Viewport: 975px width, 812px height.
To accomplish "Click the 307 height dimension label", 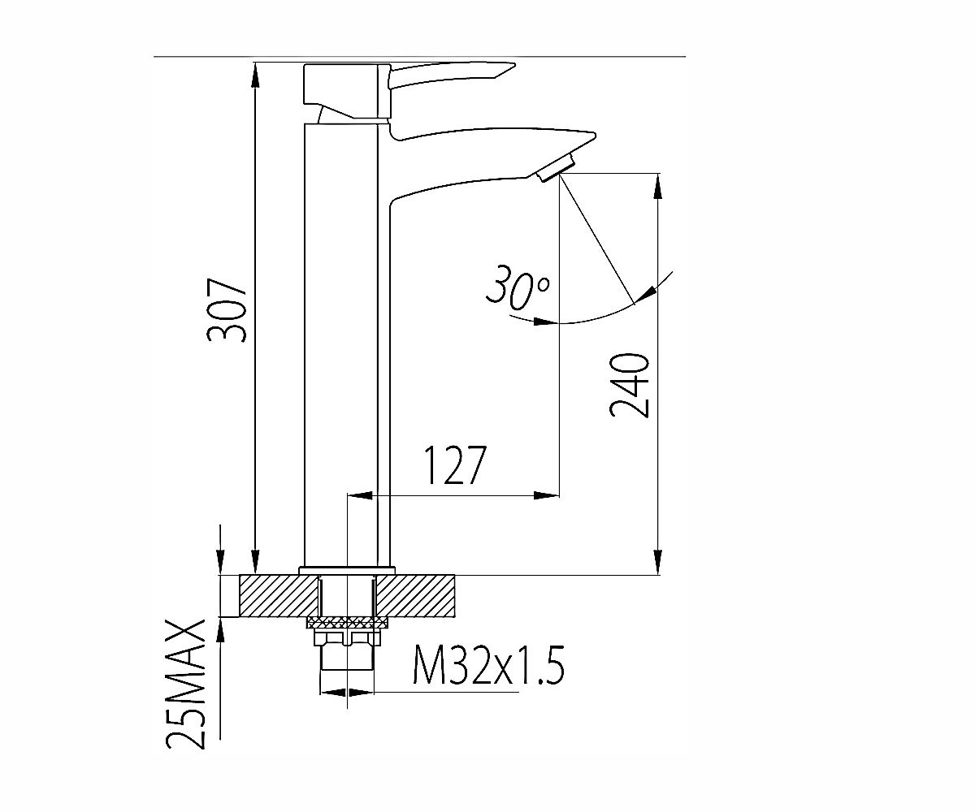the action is click(227, 311).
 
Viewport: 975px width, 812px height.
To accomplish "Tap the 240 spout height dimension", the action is click(630, 385).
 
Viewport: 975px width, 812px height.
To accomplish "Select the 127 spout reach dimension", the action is click(456, 465).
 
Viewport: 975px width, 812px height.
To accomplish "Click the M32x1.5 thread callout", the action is click(489, 665).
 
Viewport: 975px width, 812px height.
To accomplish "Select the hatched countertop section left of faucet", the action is click(279, 595).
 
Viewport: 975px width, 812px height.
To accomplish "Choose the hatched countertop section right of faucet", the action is click(415, 595).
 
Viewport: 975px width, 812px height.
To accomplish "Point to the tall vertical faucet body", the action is click(341, 345).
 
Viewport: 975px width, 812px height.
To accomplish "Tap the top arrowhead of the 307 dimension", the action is click(255, 75).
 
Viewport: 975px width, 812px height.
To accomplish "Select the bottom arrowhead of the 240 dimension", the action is click(657, 563).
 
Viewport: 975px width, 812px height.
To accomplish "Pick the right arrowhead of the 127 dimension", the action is click(546, 495).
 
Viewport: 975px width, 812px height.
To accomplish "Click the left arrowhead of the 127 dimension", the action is click(361, 495).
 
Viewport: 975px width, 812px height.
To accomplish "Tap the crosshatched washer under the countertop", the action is click(348, 622).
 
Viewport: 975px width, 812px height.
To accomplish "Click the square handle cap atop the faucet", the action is click(346, 90).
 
